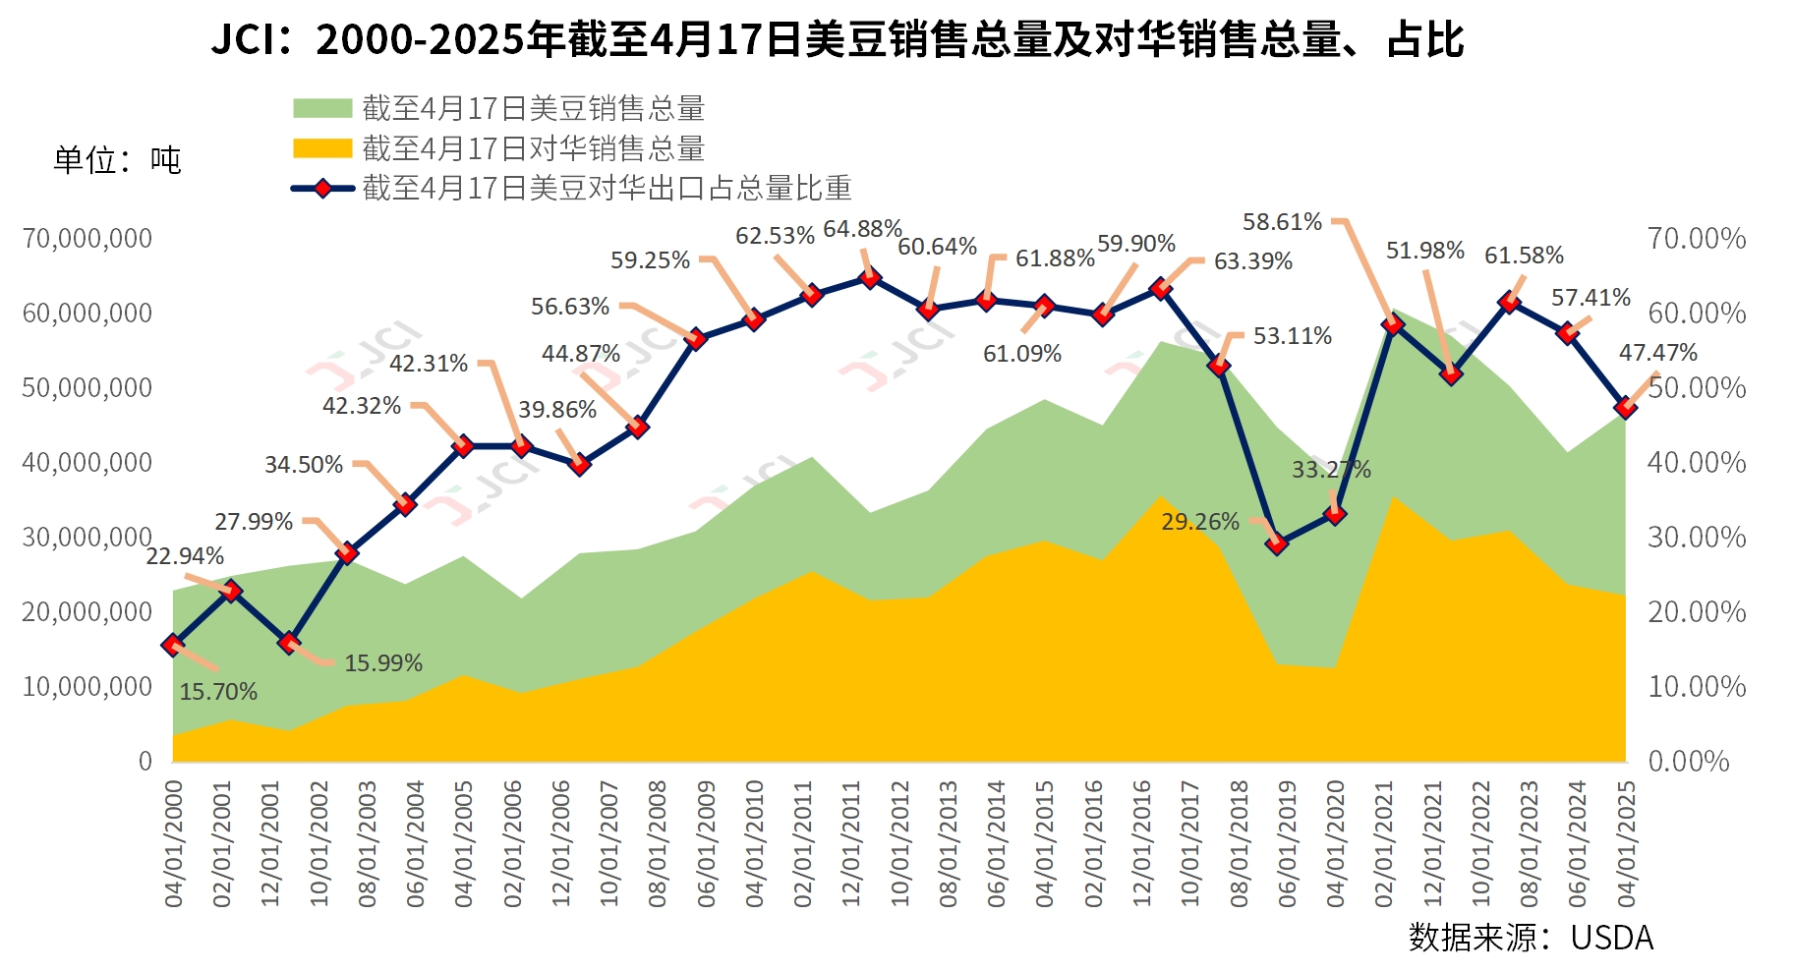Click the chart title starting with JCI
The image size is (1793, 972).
click(x=838, y=40)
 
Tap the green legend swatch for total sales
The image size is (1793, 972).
click(x=322, y=108)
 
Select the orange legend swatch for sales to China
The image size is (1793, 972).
click(x=322, y=148)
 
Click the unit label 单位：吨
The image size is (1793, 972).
click(x=117, y=160)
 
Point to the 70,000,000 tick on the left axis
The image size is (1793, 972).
click(x=87, y=239)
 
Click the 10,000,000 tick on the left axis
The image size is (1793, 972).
click(x=87, y=687)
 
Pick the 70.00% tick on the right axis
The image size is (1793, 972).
click(x=1697, y=239)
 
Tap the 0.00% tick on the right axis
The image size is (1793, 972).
click(x=1688, y=762)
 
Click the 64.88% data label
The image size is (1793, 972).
click(x=862, y=229)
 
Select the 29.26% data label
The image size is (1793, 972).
click(x=1200, y=522)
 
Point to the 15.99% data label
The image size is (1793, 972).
click(x=383, y=663)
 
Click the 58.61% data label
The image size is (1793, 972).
click(x=1282, y=222)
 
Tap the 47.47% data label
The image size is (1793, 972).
click(x=1658, y=353)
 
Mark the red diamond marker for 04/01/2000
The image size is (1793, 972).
click(x=173, y=645)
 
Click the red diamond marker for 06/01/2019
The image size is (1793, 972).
click(x=1277, y=543)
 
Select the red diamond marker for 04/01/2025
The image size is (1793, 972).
click(x=1626, y=407)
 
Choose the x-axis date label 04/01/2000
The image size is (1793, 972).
click(x=174, y=843)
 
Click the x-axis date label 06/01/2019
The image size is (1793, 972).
click(x=1287, y=843)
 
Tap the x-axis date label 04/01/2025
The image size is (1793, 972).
click(x=1627, y=843)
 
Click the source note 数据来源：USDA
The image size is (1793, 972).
click(x=1531, y=938)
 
